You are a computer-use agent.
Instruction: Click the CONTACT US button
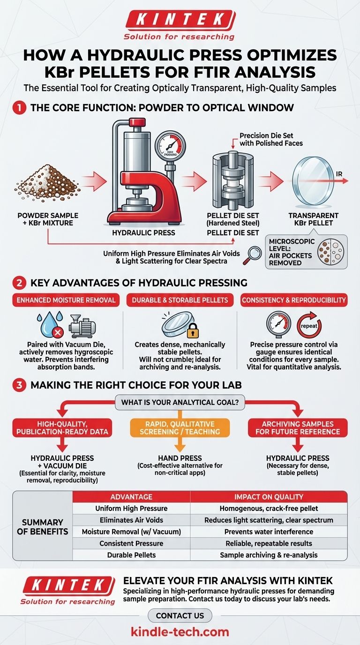180,615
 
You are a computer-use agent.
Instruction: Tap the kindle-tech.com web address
180,632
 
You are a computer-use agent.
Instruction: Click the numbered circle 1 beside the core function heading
20,108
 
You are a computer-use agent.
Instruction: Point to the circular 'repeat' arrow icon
309,325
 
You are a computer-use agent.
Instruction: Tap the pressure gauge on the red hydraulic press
170,144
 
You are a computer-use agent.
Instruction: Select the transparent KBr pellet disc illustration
313,181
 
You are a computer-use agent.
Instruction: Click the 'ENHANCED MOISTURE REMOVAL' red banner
66,300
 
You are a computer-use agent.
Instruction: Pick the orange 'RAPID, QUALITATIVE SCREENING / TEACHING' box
180,428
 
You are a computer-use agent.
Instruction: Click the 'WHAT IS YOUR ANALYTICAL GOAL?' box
180,402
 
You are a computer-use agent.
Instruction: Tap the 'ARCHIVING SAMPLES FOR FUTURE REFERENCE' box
298,428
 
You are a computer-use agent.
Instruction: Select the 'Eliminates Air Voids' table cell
131,520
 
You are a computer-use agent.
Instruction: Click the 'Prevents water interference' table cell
269,532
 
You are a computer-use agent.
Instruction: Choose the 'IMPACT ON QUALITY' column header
269,497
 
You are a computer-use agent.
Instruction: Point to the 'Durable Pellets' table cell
131,555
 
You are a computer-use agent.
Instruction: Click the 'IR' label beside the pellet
339,174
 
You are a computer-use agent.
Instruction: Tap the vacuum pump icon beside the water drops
82,326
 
